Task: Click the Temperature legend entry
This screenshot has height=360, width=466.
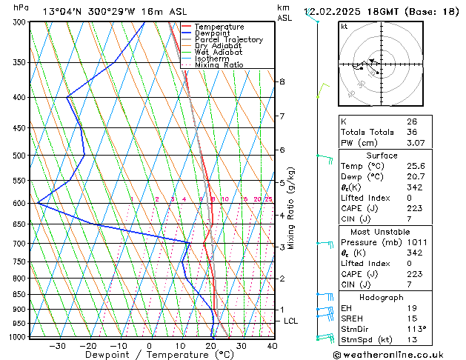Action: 219,27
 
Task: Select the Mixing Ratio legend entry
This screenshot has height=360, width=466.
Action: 219,65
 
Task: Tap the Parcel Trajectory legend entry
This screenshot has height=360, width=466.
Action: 228,39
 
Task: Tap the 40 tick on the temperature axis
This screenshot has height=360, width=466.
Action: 272,345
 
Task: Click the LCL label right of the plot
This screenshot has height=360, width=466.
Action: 291,321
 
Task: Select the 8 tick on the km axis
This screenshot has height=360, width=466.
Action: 282,81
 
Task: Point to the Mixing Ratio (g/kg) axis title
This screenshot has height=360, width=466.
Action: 292,208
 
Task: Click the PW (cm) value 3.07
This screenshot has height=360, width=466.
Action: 414,143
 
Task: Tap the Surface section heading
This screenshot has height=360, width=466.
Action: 382,156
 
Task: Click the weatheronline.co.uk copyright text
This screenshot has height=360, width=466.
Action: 398,355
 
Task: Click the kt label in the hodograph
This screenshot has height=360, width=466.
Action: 344,27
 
